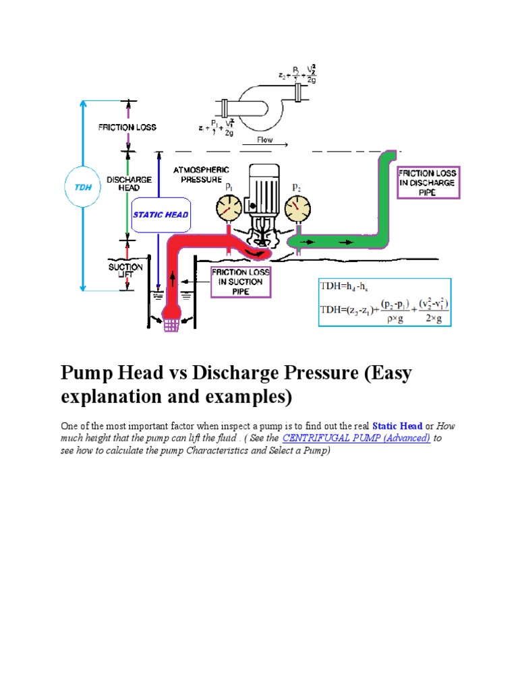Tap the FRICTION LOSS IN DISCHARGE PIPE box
427,183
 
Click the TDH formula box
384,302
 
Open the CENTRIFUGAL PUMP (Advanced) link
357,438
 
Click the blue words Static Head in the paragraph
397,426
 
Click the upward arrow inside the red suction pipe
171,278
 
